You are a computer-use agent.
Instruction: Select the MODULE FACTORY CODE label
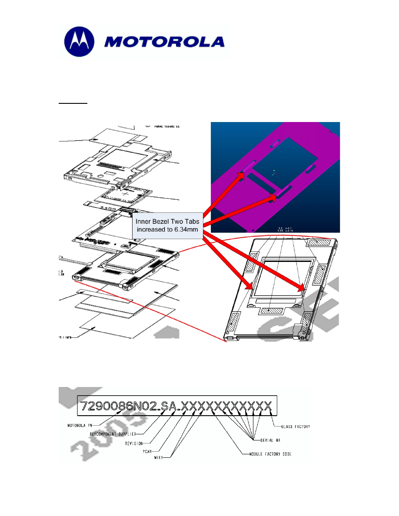point(270,454)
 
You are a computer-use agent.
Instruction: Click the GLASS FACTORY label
point(296,427)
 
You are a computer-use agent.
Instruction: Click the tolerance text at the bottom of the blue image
point(285,228)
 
